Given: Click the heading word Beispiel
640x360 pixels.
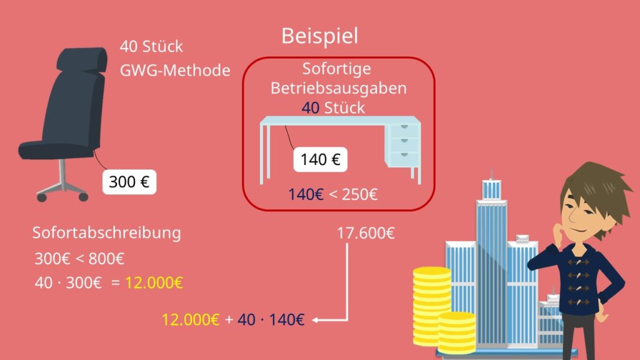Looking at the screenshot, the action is tap(319, 36).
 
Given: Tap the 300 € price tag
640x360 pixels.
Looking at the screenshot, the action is tap(129, 182).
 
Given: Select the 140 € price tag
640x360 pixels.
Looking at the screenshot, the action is tap(320, 160).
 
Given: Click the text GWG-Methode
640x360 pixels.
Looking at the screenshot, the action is tap(174, 70).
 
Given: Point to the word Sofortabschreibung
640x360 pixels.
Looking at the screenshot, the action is tap(106, 233).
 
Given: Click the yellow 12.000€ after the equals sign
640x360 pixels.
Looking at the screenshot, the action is tap(154, 282).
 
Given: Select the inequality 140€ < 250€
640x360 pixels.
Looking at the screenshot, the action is tap(332, 194).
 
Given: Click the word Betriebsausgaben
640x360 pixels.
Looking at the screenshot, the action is tap(338, 88).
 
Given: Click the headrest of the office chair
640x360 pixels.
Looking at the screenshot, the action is tap(79, 60).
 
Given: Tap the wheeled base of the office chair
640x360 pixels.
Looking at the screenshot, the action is tap(62, 187).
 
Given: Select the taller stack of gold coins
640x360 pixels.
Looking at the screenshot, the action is tap(432, 300).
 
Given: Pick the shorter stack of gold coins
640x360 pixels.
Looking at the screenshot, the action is tap(456, 331).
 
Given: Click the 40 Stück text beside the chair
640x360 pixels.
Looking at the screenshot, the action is tap(151, 47).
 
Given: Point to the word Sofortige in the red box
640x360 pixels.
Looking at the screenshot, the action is tap(336, 68).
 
